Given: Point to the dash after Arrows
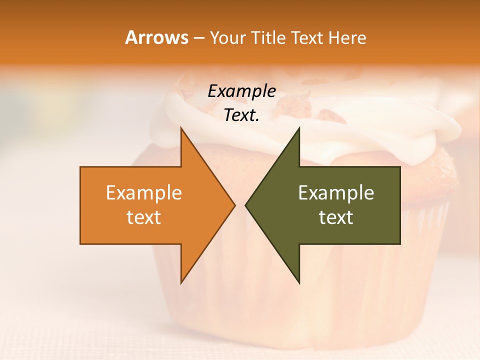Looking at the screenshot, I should (x=199, y=38).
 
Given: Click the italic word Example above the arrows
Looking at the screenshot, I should (x=241, y=91).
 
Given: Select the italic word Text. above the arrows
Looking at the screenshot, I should (x=241, y=115).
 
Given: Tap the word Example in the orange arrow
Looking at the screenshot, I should (x=144, y=193).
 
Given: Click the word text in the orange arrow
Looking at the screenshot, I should (x=144, y=217).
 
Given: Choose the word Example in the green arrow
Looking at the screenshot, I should (x=336, y=193).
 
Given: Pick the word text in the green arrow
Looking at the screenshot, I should (x=336, y=217).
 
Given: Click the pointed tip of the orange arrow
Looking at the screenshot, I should (x=234, y=205).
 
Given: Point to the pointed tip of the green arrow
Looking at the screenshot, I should (x=245, y=205).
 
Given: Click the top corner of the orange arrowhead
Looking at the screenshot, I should (x=181, y=128).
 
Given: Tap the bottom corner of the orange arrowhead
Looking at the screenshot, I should (x=181, y=282).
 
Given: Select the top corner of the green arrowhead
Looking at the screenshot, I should (x=299, y=128).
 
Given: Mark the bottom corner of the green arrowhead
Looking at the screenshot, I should (x=299, y=282).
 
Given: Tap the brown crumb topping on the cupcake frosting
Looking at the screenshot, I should (x=332, y=116).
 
